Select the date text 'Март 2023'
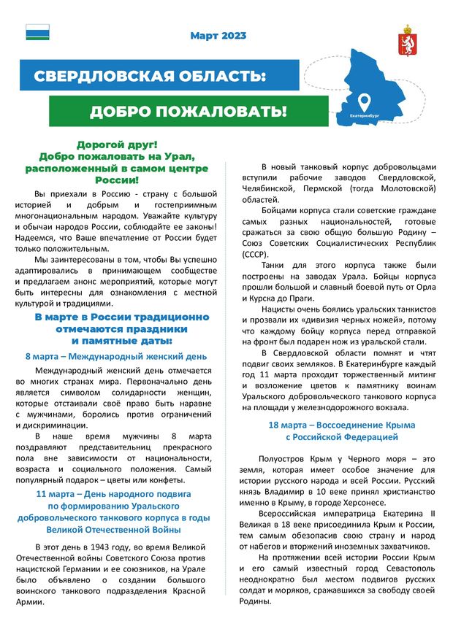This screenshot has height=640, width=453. point(218,35)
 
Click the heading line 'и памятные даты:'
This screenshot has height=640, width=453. point(122,341)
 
